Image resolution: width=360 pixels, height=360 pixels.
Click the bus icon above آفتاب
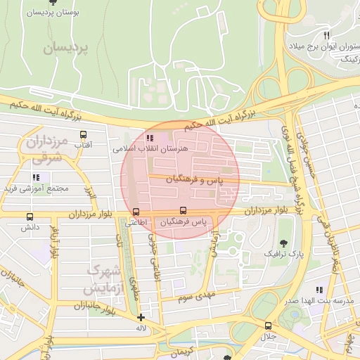point(84,134)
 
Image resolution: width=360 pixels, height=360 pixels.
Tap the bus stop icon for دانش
point(30,217)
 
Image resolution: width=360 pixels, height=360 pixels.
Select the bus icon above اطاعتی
point(136,212)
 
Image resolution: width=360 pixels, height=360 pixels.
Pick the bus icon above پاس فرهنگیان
point(184,210)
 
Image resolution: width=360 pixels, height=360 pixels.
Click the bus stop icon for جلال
point(268,326)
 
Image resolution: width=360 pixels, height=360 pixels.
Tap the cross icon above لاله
point(141,317)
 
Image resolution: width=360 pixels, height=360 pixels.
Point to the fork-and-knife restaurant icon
point(326,35)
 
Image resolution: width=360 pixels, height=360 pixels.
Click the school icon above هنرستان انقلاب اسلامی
point(149,138)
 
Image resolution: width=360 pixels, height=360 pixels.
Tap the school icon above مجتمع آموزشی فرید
point(35,177)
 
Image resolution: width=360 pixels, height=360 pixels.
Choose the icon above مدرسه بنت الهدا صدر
point(320,290)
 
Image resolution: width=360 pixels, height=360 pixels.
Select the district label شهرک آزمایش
point(103,279)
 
